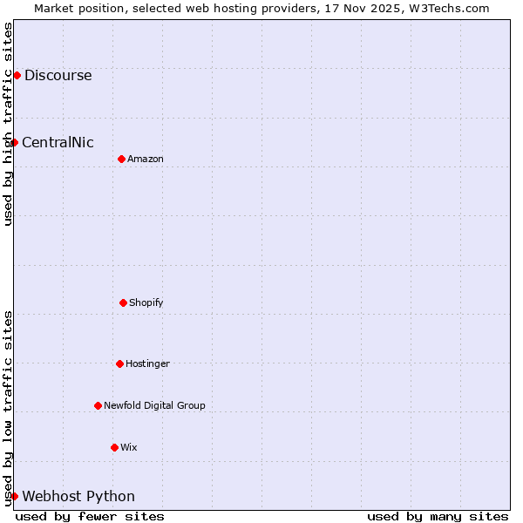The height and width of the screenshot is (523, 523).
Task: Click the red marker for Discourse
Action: [17, 75]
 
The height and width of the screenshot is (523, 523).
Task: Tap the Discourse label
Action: [58, 75]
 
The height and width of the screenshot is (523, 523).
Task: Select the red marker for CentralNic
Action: [14, 142]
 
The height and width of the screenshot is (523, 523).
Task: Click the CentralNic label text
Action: [58, 142]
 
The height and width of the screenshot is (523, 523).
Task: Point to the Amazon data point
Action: [121, 159]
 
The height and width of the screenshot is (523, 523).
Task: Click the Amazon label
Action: [146, 159]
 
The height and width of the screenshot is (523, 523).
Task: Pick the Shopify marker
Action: [123, 302]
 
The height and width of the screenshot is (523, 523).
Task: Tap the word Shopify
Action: [146, 302]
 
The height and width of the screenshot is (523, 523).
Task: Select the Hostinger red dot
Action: [119, 363]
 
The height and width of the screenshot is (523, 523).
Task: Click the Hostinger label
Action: [147, 363]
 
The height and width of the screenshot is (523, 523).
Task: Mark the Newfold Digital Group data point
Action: [98, 405]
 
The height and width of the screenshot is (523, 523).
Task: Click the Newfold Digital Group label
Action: [154, 405]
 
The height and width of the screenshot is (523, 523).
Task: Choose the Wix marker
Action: [114, 447]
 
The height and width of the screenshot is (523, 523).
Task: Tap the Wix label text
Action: [129, 447]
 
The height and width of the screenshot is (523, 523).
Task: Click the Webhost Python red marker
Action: [14, 496]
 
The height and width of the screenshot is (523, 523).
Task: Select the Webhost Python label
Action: [78, 496]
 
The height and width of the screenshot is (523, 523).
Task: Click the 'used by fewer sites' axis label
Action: [90, 516]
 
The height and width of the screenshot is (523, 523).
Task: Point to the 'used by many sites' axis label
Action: [438, 516]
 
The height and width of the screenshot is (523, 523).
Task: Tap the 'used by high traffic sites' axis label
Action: [8, 124]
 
